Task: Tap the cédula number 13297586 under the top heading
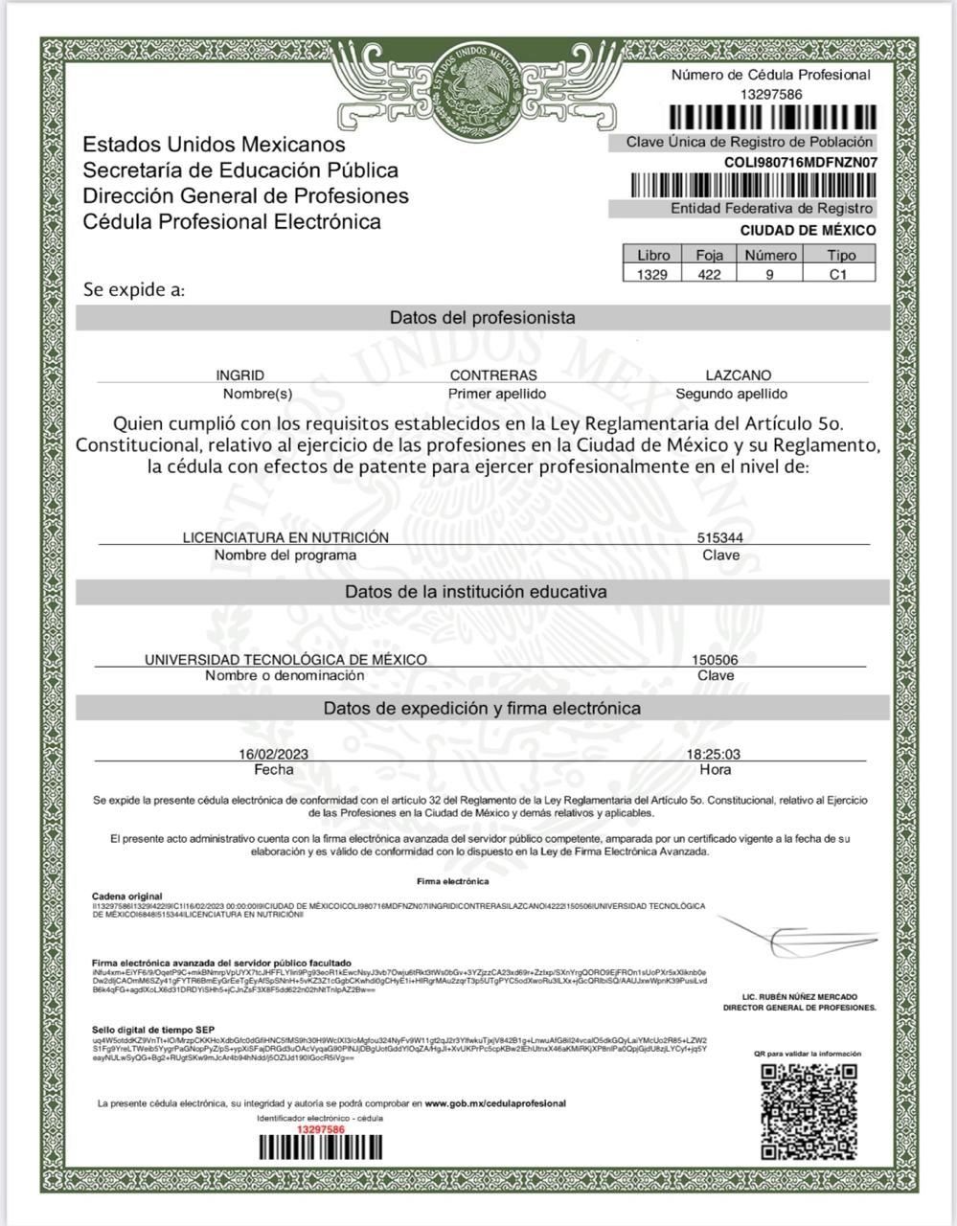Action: (x=771, y=94)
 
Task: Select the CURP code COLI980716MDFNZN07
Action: (x=800, y=162)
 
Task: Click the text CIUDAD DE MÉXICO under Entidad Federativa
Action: (x=808, y=231)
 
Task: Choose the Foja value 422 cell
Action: (x=709, y=274)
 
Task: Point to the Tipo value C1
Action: (x=839, y=274)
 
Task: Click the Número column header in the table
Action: (x=770, y=256)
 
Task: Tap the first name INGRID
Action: (x=239, y=375)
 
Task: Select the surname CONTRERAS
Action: (x=493, y=375)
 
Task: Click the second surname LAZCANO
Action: (x=738, y=375)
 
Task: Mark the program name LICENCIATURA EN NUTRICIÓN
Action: (x=285, y=537)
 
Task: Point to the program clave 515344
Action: (x=719, y=538)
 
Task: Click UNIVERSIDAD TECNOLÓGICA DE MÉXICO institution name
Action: (x=285, y=660)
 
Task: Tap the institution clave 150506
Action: (x=715, y=660)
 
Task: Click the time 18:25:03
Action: (x=714, y=754)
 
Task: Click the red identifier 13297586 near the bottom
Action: (x=320, y=1130)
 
